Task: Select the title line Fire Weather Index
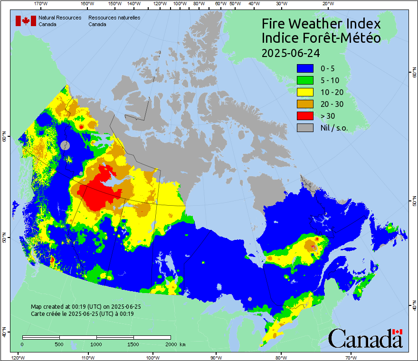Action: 322,24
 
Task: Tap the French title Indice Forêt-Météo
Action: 322,38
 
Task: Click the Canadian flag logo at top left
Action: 26,21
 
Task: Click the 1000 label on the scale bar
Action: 96,344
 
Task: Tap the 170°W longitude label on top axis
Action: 41,3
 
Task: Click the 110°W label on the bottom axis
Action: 87,357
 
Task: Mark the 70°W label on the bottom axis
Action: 351,357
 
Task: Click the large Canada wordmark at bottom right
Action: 365,339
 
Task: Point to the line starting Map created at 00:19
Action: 86,307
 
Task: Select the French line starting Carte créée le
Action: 82,313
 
